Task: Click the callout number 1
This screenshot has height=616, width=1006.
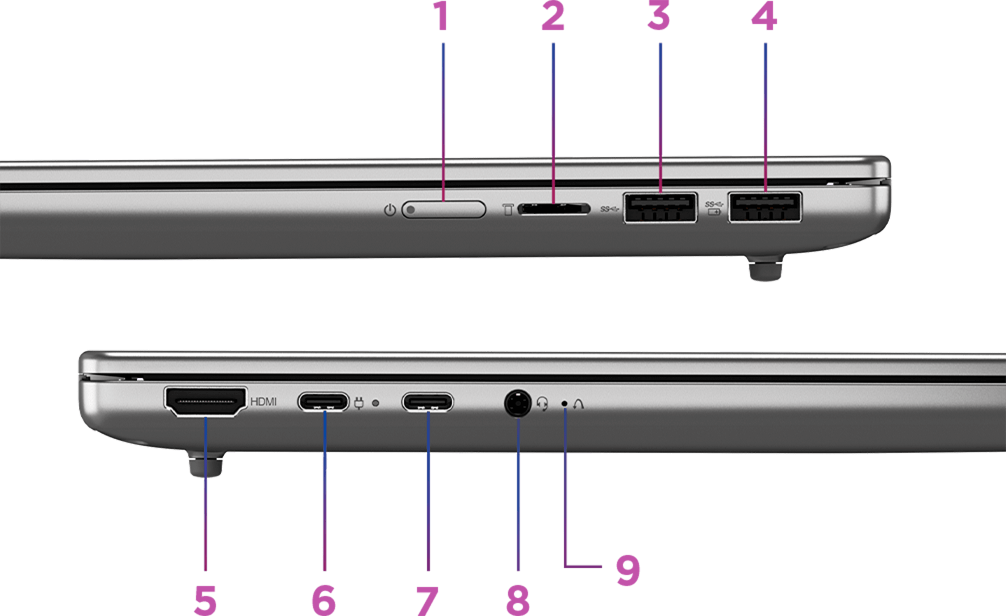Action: (440, 16)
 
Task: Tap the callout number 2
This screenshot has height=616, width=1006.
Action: (553, 16)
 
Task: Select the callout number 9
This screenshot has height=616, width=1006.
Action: (628, 569)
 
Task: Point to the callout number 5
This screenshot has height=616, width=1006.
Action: (205, 600)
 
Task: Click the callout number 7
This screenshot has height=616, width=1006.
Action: (427, 600)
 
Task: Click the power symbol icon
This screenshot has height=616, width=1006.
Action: (390, 210)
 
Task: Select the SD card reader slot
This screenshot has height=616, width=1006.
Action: (554, 209)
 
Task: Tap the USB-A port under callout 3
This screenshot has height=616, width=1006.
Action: (660, 207)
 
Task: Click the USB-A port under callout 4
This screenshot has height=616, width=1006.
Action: (765, 207)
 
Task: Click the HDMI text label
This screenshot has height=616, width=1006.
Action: (263, 401)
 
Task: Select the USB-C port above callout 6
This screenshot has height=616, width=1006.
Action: (323, 401)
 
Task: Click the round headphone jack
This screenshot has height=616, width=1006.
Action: (518, 403)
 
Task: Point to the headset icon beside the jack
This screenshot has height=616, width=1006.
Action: (542, 403)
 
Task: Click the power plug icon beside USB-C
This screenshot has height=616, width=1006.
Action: (359, 403)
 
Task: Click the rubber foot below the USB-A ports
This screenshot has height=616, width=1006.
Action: (765, 268)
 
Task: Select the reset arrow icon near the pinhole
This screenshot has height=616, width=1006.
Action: (578, 403)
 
